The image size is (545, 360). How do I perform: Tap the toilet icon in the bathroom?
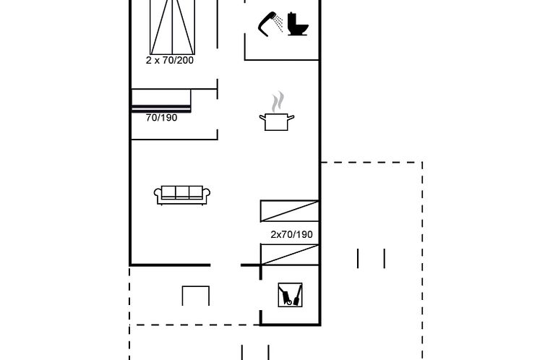point(298,24)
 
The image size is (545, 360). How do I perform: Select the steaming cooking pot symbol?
point(277,111)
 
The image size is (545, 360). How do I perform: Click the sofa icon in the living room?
point(182,195)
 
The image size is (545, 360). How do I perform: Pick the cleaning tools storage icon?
point(291,295)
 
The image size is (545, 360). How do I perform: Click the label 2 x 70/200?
point(170,61)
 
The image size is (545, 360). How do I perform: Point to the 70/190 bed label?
point(162,118)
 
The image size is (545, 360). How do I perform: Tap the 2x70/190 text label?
point(291,234)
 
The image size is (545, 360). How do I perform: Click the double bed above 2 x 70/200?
point(173,27)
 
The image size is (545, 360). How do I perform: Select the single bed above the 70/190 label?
point(161,100)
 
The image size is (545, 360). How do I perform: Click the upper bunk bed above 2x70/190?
point(290,211)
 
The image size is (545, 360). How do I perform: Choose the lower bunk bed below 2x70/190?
point(290,254)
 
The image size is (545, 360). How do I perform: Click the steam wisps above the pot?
point(278,101)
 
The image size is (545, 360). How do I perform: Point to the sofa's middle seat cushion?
point(182,192)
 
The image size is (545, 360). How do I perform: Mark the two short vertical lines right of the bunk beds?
point(372,259)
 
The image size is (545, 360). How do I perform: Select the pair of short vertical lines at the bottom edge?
point(255,352)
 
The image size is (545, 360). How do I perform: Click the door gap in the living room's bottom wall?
point(226,265)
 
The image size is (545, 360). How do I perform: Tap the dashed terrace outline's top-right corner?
point(422,162)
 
